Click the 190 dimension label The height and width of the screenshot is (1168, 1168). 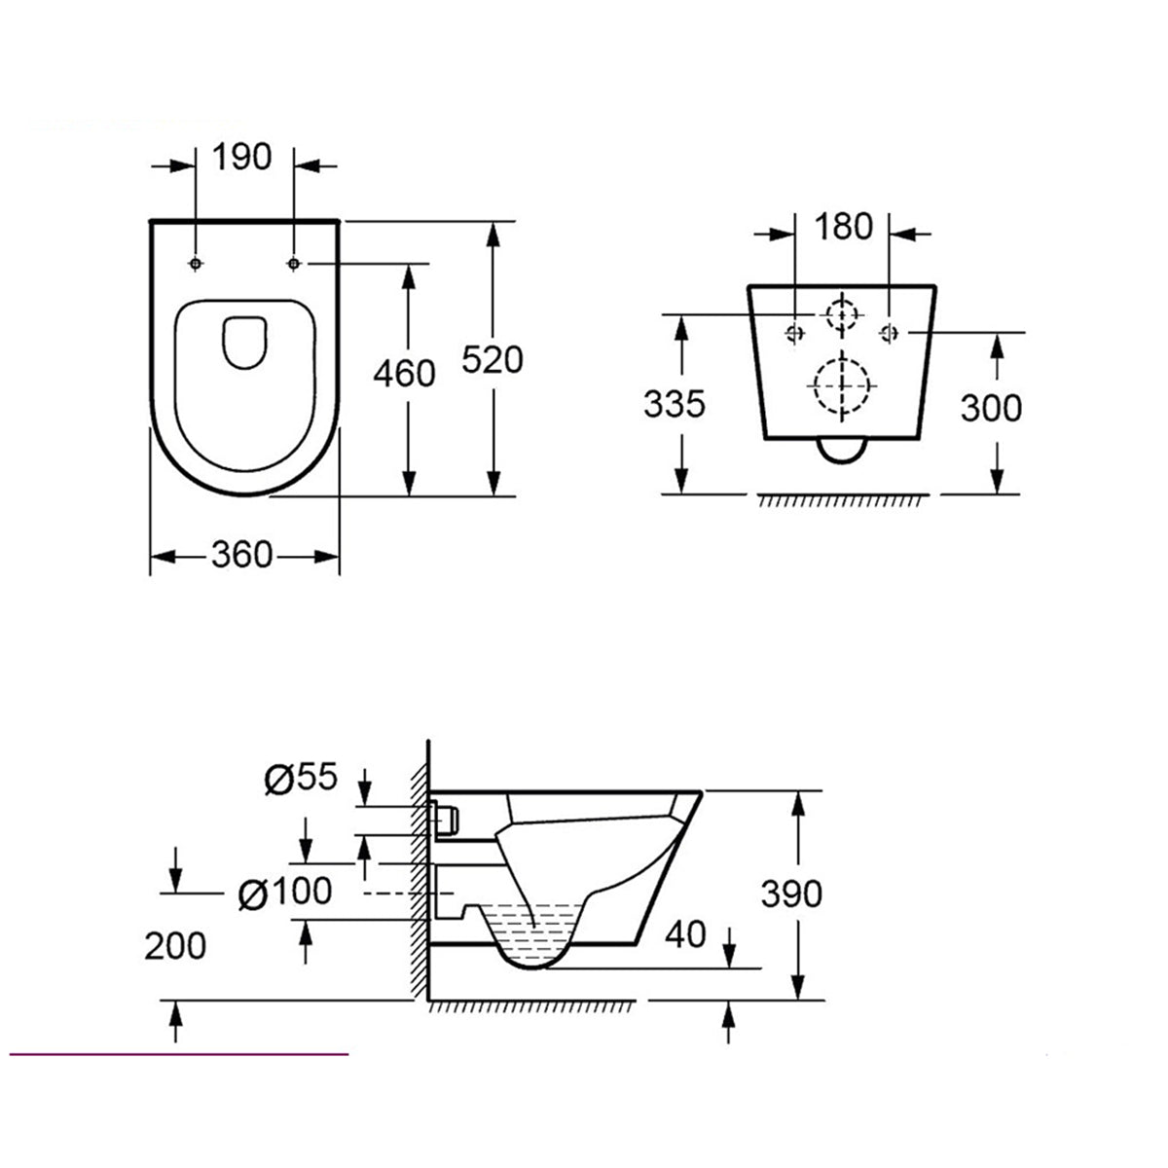[x=241, y=157]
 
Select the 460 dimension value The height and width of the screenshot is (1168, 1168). [x=404, y=373]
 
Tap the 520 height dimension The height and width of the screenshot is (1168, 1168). [x=492, y=359]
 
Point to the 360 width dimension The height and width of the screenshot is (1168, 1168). [x=242, y=555]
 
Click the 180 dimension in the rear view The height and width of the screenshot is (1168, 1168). [x=843, y=227]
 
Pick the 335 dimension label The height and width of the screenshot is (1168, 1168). [x=674, y=402]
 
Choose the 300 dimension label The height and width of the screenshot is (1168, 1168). [x=991, y=408]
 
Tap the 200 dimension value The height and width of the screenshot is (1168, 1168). [x=176, y=944]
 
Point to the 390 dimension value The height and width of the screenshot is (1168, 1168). [x=791, y=894]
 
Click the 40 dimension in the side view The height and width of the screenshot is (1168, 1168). [x=685, y=935]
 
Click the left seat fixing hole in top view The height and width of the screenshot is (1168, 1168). [x=197, y=264]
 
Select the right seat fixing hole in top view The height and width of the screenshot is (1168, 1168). [x=294, y=264]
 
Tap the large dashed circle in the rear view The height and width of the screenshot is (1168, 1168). [x=840, y=385]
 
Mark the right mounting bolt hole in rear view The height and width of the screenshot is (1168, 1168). [x=887, y=332]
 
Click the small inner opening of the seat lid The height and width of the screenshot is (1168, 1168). [x=245, y=342]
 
